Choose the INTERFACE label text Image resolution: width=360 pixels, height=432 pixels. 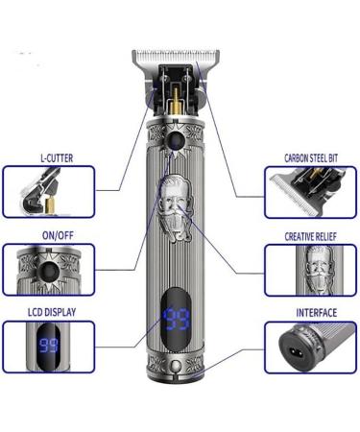[x=311, y=312]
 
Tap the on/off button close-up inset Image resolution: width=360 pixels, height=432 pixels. [x=47, y=268]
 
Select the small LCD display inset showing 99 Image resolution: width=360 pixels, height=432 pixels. [x=47, y=346]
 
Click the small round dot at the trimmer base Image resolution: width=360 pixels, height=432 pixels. [x=179, y=372]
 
